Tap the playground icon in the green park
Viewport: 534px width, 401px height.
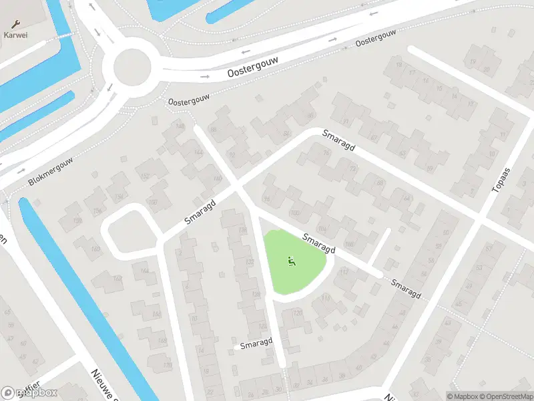click(x=291, y=261)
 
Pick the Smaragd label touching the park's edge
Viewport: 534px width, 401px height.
click(x=318, y=244)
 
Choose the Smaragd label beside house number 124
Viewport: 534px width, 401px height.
click(x=257, y=344)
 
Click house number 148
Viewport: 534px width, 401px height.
click(x=179, y=126)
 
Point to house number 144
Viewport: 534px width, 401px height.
click(x=198, y=152)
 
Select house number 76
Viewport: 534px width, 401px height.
click(x=326, y=153)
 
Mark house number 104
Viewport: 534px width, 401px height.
click(x=323, y=228)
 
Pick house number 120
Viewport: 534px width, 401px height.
click(x=298, y=313)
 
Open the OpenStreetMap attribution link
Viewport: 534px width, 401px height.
click(x=501, y=396)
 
